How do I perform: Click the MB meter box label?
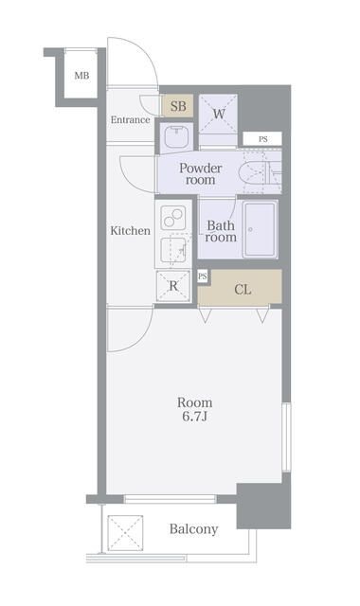click(x=81, y=76)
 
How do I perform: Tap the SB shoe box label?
click(x=178, y=106)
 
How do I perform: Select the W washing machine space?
click(x=218, y=114)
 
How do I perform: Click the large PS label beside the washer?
click(x=263, y=139)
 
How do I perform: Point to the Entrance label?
click(x=131, y=120)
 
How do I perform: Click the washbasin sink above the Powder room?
click(x=176, y=136)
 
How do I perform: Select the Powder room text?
click(x=200, y=174)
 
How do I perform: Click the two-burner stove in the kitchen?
click(x=172, y=218)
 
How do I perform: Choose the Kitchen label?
click(x=131, y=231)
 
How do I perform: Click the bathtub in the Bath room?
click(x=260, y=229)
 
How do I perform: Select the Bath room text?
click(x=221, y=231)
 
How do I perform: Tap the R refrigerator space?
click(x=173, y=286)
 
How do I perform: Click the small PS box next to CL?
click(x=202, y=276)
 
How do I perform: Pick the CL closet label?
click(x=243, y=290)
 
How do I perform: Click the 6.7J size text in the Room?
click(x=195, y=418)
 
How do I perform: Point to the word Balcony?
click(x=193, y=528)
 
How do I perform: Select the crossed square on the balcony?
click(x=125, y=532)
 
